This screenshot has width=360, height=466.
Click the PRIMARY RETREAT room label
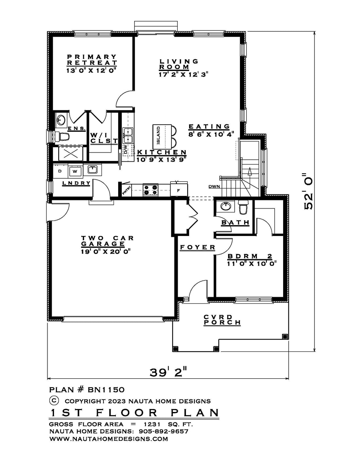92,60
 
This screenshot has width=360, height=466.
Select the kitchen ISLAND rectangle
162,136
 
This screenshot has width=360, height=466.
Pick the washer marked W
75,171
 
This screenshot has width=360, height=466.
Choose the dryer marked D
60,171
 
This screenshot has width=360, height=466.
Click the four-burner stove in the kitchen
151,190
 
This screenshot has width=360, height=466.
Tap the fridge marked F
179,190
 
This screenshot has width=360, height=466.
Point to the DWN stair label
214,187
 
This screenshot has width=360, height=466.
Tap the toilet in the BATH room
243,207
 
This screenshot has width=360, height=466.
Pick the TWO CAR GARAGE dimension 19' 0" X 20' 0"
106,251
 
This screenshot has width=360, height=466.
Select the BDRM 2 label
250,256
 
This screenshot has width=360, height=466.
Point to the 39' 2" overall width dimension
168,373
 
